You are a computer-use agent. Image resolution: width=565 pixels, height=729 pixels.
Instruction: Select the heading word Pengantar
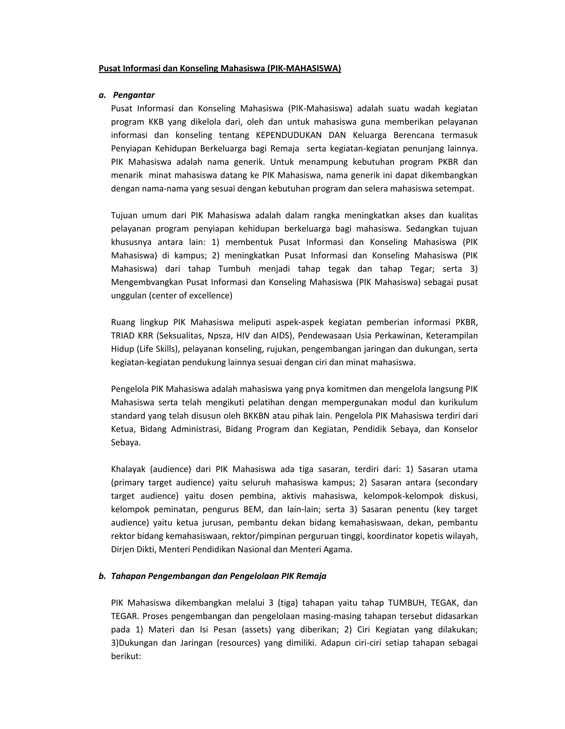coord(134,95)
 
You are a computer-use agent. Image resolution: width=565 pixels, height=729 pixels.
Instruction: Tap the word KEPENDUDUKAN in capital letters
coord(288,135)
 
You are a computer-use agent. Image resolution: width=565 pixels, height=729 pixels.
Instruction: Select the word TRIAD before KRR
coord(122,335)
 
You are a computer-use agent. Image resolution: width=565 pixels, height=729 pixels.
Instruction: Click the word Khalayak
coord(128,469)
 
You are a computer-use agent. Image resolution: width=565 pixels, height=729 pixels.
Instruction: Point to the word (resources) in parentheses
coord(238,643)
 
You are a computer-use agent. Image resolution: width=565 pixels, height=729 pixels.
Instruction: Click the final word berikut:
coord(126,656)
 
